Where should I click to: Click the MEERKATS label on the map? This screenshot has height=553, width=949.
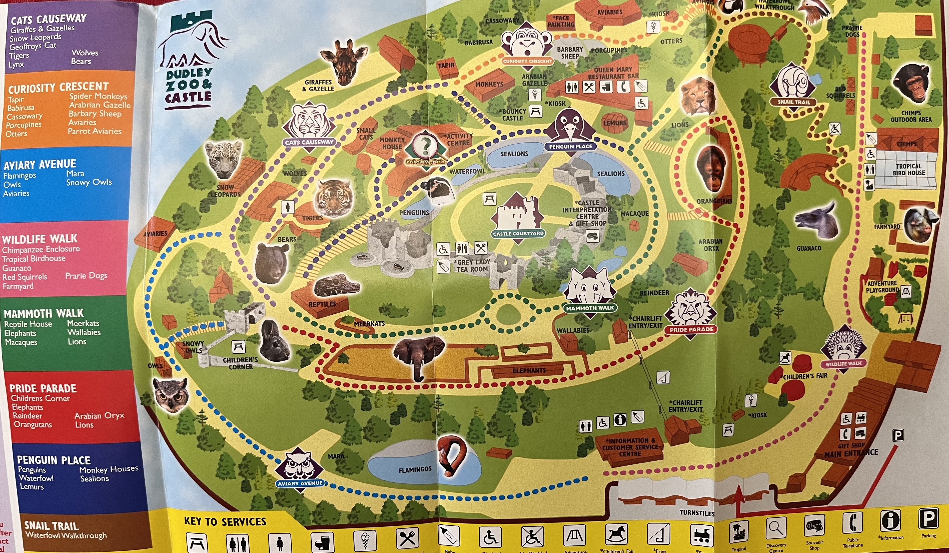click(369, 324)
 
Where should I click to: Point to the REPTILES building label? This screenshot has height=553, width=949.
click(322, 304)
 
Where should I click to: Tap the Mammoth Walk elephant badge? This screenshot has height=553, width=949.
click(590, 292)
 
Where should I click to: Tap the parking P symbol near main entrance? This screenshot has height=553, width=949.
click(898, 435)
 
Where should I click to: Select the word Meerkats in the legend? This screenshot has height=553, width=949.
click(83, 323)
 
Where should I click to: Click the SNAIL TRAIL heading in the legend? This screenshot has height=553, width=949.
click(51, 526)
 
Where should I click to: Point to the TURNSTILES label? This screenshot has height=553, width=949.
click(697, 513)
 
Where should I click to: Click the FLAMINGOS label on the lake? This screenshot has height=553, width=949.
click(415, 470)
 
